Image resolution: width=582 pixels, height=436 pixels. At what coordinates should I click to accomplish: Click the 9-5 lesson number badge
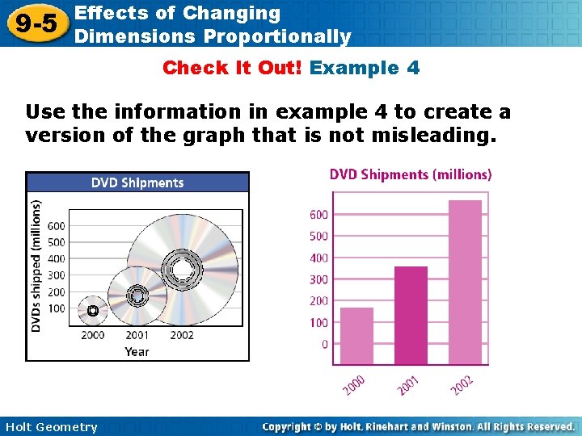pos(34,23)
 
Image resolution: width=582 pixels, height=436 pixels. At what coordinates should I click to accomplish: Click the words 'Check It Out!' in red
pos(233,68)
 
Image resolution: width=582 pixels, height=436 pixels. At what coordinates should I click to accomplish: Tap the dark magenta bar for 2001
pos(411,316)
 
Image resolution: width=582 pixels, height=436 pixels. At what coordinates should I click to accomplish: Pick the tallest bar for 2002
pos(464,283)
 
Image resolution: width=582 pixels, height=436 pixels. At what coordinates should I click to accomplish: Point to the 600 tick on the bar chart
pos(318,215)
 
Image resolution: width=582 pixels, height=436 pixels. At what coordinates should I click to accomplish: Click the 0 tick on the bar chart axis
pos(325,345)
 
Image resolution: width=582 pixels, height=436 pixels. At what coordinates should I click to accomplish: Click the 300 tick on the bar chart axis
pos(318,279)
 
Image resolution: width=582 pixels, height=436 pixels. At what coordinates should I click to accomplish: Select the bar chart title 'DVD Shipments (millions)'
pos(410,174)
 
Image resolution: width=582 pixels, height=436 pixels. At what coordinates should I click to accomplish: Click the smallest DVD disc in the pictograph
pos(92,310)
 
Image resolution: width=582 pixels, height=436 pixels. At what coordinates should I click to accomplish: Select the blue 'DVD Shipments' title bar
pos(137,182)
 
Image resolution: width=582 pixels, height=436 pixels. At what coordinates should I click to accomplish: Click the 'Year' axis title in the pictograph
pos(137,351)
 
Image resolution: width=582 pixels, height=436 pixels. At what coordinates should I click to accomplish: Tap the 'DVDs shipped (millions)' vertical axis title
pos(36,266)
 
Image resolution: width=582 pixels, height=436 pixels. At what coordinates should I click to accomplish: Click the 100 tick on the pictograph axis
pos(56,308)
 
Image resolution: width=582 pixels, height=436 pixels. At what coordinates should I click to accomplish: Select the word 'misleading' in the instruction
pos(426,136)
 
